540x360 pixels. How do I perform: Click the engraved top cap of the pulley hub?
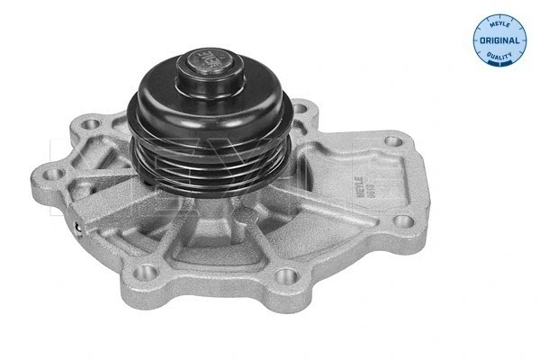[206, 67]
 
